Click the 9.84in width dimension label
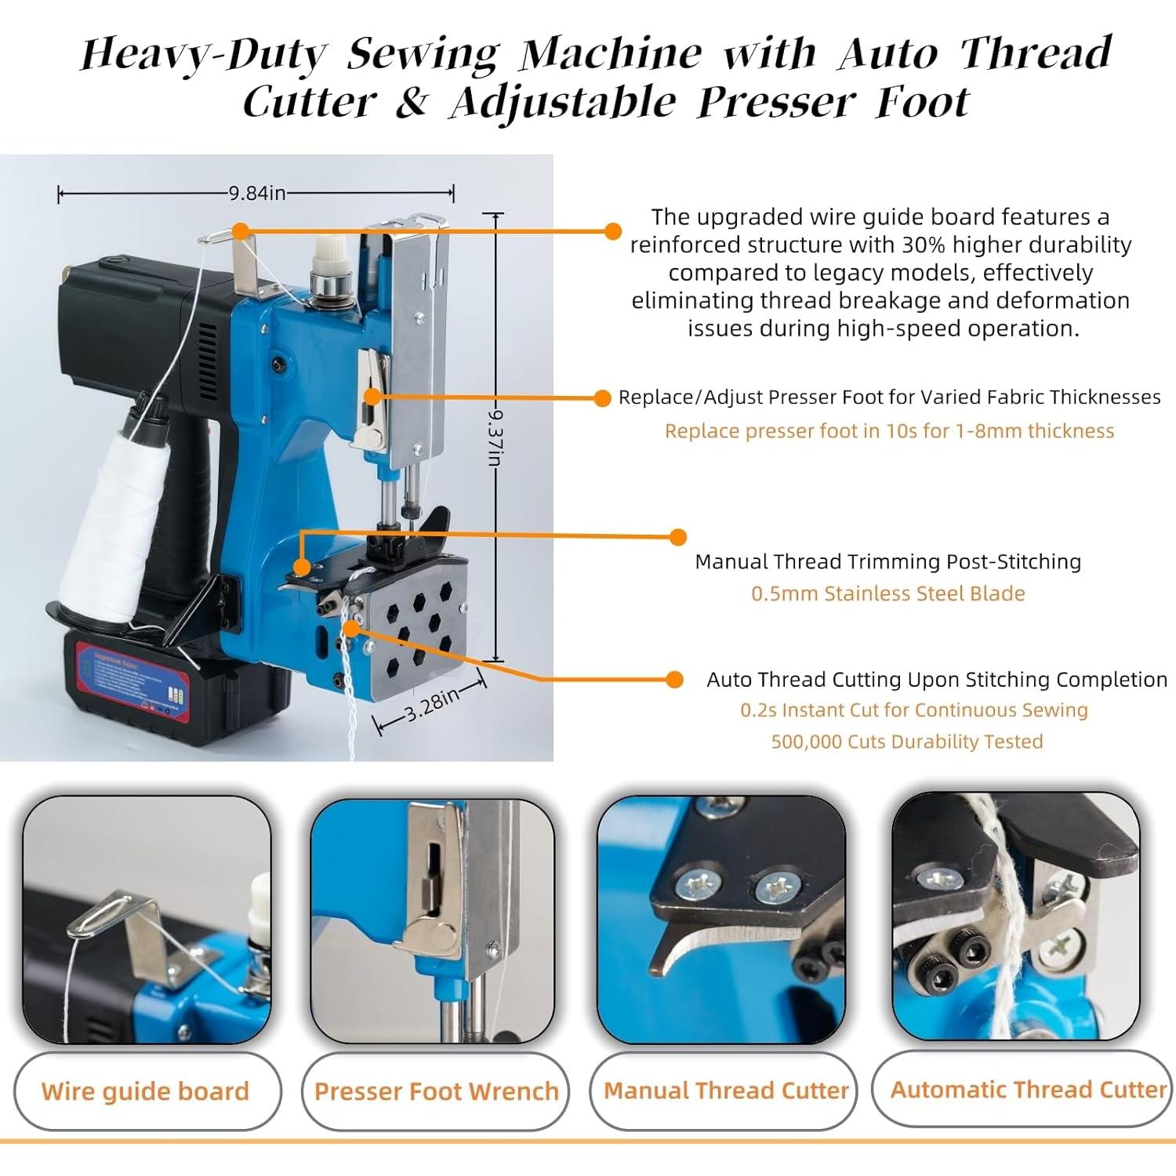pos(257,193)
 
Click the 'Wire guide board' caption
pos(145,1091)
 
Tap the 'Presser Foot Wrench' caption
pos(436,1091)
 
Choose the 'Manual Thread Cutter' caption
pos(726,1091)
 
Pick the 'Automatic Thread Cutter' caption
pos(1028,1090)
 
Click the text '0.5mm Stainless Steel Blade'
pos(887,593)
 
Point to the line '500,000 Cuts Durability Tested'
pos(906,742)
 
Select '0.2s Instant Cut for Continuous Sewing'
pos(914,710)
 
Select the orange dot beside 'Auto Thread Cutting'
pos(674,680)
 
